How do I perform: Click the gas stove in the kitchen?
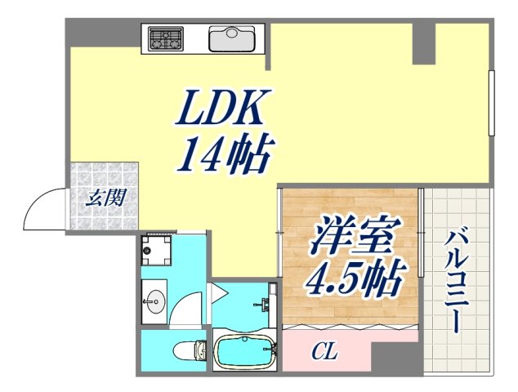click(x=167, y=38)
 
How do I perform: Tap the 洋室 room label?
click(x=351, y=238)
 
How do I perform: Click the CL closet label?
click(x=324, y=354)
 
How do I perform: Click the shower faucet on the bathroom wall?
click(x=266, y=305)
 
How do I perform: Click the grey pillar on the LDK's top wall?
click(x=423, y=42)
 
